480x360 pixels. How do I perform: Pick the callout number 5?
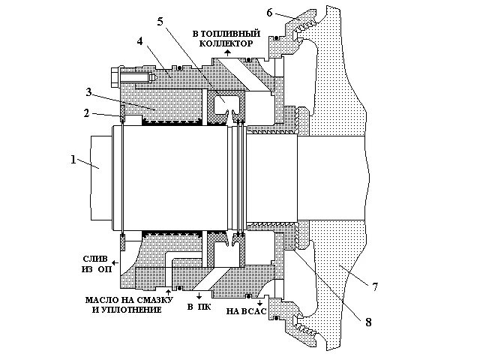click(x=159, y=22)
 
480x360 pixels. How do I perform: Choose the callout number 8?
click(x=368, y=323)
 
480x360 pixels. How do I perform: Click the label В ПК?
click(x=197, y=308)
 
